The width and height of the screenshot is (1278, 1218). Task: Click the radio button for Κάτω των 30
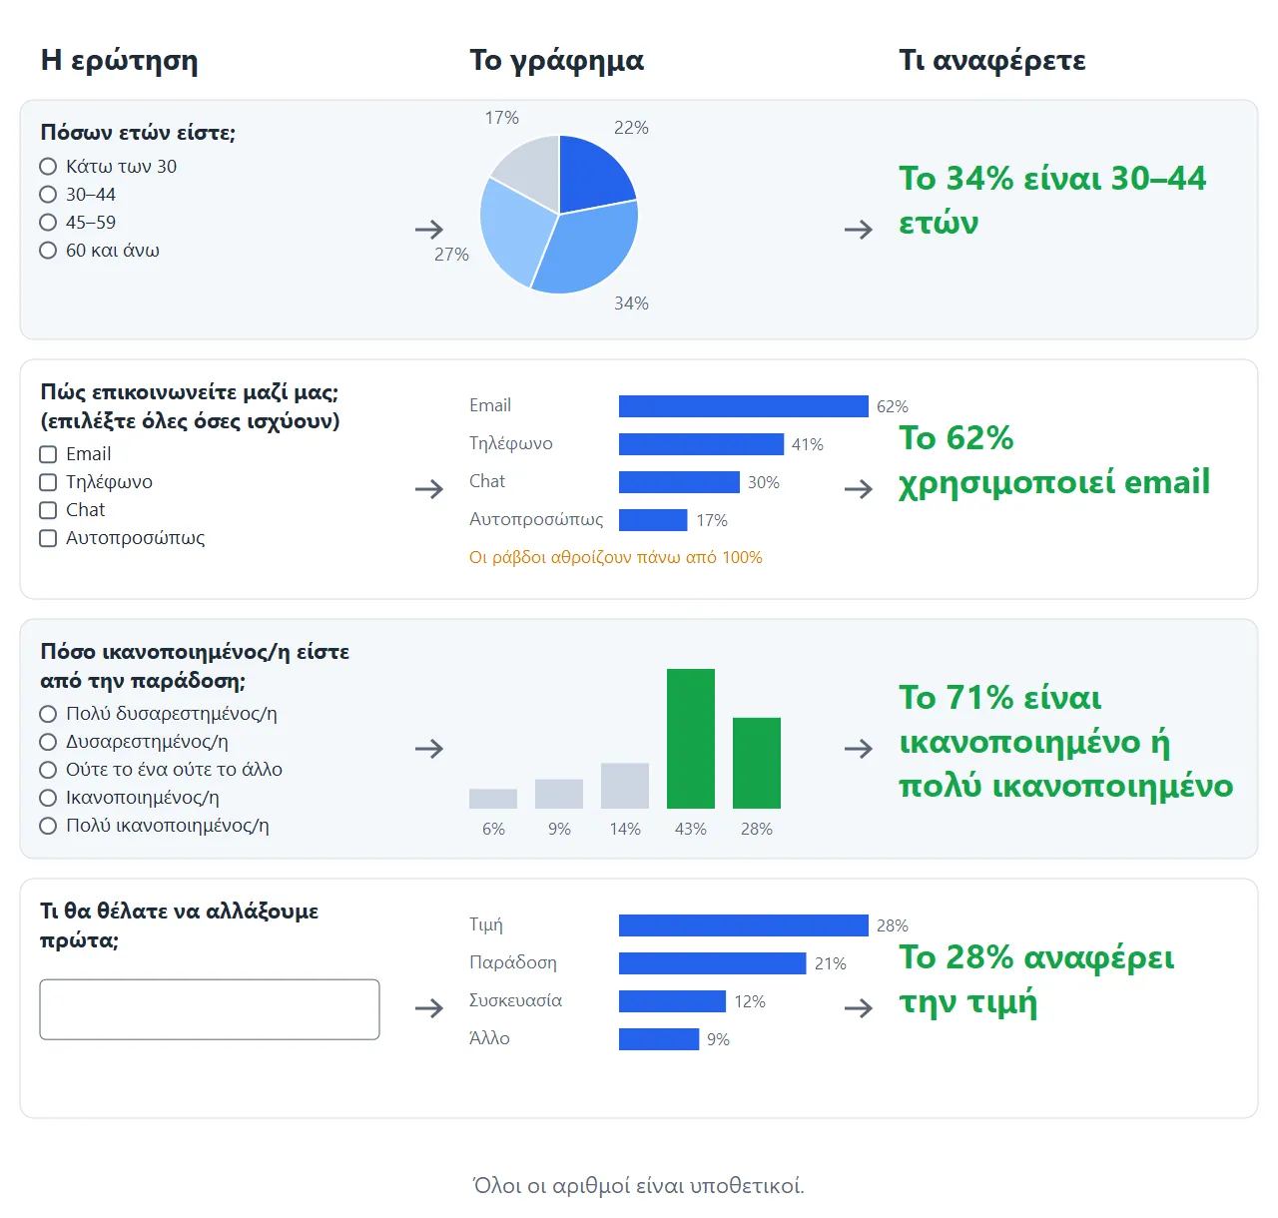(x=48, y=167)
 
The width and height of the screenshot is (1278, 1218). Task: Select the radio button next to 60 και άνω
(x=48, y=251)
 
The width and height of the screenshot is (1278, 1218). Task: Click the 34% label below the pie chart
(x=631, y=303)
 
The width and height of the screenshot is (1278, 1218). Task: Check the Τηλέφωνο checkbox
(x=48, y=482)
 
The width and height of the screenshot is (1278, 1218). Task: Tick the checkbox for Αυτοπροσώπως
(x=48, y=538)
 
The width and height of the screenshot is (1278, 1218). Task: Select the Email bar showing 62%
(x=743, y=406)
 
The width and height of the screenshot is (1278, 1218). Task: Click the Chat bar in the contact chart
(x=679, y=482)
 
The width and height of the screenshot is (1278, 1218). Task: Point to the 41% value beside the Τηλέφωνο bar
(x=808, y=444)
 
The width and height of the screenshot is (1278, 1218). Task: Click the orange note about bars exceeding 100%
(x=615, y=557)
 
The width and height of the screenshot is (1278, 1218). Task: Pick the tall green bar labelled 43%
(x=690, y=739)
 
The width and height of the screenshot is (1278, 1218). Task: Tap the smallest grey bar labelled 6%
(x=493, y=799)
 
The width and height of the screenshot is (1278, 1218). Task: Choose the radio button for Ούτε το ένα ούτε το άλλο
(x=48, y=770)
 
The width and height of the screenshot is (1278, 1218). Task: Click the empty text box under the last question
(x=210, y=1009)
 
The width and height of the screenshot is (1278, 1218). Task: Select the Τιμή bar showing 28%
(x=743, y=925)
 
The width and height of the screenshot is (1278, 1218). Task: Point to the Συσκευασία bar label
(x=515, y=1000)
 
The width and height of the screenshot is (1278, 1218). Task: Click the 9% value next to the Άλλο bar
(x=718, y=1039)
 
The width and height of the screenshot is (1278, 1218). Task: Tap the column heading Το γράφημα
(x=556, y=60)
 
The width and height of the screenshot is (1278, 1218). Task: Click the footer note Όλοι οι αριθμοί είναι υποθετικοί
(x=638, y=1185)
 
